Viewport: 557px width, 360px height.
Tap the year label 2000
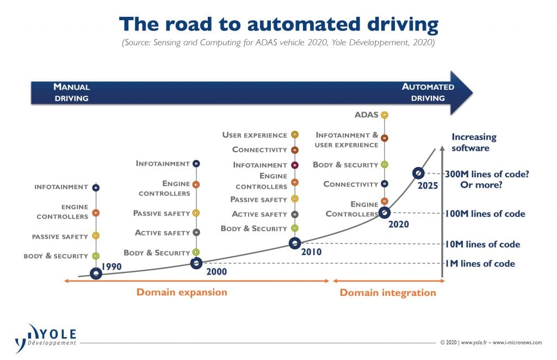(216, 271)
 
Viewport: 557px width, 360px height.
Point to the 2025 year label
(428, 185)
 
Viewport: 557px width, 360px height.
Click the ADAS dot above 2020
(385, 115)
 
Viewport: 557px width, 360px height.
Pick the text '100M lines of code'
(485, 214)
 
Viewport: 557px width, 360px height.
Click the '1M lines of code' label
(480, 263)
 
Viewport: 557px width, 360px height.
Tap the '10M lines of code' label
(483, 244)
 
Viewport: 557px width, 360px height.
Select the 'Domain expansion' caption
(182, 292)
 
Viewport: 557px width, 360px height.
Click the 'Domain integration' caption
(388, 293)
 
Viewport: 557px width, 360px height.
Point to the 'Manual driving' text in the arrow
(71, 92)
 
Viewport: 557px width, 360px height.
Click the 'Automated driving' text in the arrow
(428, 92)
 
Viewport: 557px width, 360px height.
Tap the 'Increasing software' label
(474, 142)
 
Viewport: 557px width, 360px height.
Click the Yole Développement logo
(46, 338)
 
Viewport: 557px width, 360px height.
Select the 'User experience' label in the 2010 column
(255, 135)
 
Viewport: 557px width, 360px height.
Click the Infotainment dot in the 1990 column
(96, 188)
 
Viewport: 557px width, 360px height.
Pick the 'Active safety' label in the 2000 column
(162, 233)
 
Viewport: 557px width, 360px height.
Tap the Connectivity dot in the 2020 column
(385, 184)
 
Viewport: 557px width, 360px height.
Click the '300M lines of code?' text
(487, 175)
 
